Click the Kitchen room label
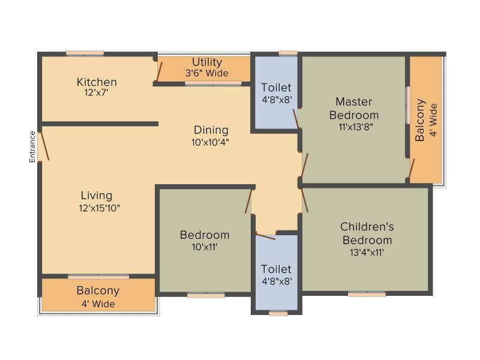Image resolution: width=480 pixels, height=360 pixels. (97, 82)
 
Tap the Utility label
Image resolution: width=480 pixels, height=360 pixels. (207, 62)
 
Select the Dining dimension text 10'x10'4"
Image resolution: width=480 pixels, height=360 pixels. (211, 142)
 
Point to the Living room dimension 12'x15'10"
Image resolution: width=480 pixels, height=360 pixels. (99, 208)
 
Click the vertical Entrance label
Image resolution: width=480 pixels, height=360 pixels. (32, 146)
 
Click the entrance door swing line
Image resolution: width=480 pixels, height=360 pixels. (44, 144)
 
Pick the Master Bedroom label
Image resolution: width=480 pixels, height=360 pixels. (354, 109)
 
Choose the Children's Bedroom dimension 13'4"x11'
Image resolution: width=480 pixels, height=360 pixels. (367, 253)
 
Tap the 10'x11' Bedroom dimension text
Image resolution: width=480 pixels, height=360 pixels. (205, 247)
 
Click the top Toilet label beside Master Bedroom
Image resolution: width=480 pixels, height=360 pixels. (276, 88)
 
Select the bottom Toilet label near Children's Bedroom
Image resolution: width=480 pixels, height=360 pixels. (276, 269)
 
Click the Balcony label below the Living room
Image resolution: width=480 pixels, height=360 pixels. (98, 291)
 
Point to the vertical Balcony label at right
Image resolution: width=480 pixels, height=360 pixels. (419, 120)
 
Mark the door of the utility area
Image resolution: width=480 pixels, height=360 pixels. (159, 71)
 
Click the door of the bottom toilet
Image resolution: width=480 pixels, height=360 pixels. (265, 236)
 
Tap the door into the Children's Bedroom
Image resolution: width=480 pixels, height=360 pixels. (305, 200)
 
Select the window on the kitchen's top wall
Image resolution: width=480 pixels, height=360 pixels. (85, 53)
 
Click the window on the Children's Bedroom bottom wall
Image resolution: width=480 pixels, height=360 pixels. (367, 295)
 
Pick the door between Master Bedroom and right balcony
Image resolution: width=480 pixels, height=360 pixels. (412, 169)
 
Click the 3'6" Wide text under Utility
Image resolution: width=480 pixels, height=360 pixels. (207, 73)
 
